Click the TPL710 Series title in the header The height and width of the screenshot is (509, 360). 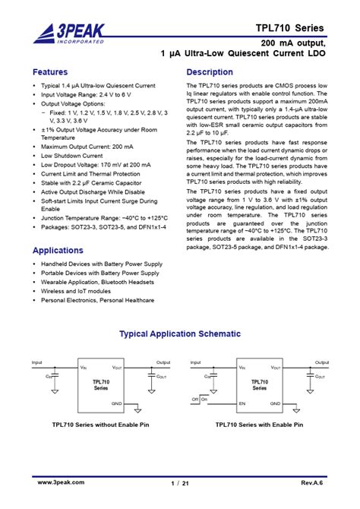(289, 28)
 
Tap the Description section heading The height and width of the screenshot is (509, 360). (209, 72)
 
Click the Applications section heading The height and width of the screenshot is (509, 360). (58, 250)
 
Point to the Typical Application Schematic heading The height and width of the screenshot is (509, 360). (180, 334)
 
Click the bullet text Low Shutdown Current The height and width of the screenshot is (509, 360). (71, 155)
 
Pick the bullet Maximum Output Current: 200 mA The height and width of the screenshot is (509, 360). (87, 147)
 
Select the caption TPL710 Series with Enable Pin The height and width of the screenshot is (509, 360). (259, 425)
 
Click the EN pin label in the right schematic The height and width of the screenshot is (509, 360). (242, 403)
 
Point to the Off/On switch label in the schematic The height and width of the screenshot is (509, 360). (200, 398)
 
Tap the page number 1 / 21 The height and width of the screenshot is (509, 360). (179, 483)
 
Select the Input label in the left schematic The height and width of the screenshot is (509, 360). (37, 362)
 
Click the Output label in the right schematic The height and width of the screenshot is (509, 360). (323, 362)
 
